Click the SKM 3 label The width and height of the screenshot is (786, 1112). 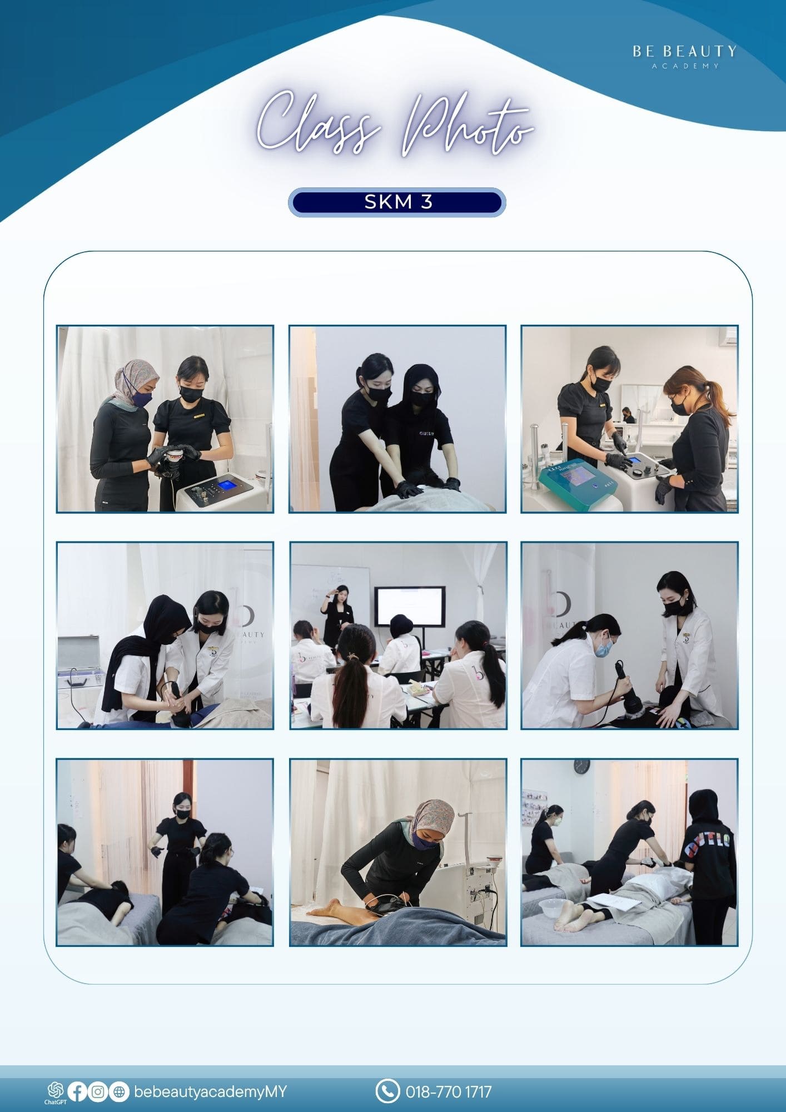click(x=398, y=202)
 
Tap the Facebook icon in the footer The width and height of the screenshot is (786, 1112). click(x=78, y=1092)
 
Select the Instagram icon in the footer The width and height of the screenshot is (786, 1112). click(x=98, y=1092)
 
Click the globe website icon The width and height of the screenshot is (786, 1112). click(x=118, y=1092)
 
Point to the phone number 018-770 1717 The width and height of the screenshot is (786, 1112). click(x=449, y=1092)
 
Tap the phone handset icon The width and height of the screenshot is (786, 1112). click(x=387, y=1091)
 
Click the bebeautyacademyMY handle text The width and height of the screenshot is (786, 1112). click(x=210, y=1092)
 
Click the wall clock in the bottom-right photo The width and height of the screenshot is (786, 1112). click(x=581, y=766)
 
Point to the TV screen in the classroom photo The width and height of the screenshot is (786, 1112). click(x=410, y=607)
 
